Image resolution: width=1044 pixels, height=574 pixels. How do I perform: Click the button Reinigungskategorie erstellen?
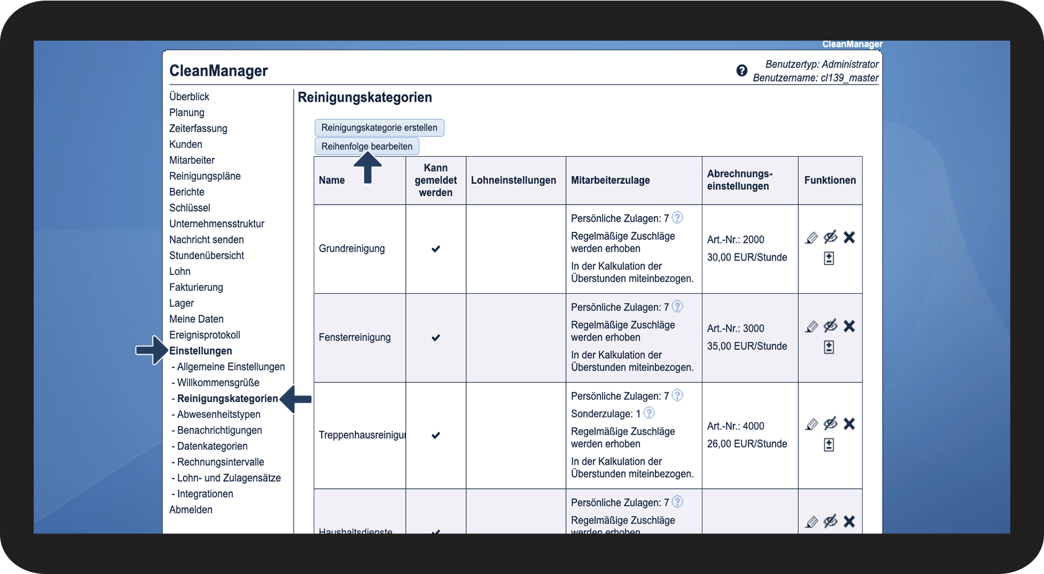379,128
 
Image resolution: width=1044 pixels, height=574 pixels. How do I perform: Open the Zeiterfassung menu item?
198,128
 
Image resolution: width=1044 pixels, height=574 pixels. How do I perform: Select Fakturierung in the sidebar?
196,287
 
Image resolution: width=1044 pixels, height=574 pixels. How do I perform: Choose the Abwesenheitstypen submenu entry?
219,414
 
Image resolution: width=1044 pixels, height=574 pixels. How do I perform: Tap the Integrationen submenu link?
205,494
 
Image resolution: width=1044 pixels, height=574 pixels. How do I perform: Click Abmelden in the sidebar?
191,510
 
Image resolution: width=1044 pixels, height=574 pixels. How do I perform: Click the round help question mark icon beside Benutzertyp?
742,71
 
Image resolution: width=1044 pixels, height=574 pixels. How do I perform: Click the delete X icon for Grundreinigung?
849,238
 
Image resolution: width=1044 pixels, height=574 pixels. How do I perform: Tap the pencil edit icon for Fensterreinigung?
812,326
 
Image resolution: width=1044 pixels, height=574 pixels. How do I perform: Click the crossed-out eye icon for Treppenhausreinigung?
830,424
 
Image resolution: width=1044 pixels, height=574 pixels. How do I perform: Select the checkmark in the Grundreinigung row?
435,249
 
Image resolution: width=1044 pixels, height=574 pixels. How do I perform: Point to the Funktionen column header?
830,180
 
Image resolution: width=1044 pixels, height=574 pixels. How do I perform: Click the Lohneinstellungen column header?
513,180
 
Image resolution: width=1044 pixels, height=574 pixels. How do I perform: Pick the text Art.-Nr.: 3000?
736,328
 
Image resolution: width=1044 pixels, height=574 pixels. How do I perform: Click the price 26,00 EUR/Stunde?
747,443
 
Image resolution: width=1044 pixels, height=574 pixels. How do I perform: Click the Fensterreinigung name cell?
354,338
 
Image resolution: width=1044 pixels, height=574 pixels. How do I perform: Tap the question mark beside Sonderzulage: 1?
649,413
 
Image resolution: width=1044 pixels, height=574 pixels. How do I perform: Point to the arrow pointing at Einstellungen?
151,351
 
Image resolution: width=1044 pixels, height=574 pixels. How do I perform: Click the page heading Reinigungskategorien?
365,98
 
